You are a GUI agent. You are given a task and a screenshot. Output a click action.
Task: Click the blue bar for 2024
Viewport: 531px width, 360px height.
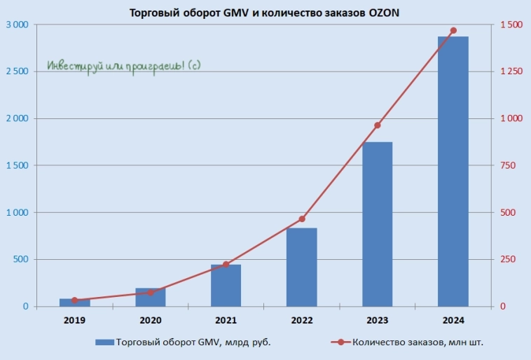pos(453,172)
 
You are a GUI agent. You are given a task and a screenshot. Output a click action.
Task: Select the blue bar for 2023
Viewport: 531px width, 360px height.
pos(377,224)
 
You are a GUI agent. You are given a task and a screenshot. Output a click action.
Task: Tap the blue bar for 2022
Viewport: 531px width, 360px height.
pos(302,267)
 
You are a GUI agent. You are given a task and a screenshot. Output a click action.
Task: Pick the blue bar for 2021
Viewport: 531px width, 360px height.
pos(226,285)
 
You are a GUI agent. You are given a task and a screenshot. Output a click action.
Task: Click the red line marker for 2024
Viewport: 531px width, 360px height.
pos(453,31)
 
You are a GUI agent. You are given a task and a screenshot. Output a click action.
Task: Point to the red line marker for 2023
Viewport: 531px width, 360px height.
pos(378,125)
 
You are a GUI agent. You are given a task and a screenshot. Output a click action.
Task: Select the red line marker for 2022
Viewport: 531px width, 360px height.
pos(302,219)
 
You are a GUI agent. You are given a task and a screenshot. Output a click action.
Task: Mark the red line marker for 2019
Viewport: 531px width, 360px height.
pos(75,300)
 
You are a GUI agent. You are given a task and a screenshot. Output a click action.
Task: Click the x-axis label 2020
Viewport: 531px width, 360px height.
pos(150,321)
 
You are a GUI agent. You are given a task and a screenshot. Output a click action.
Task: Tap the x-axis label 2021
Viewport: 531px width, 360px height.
pos(226,321)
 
